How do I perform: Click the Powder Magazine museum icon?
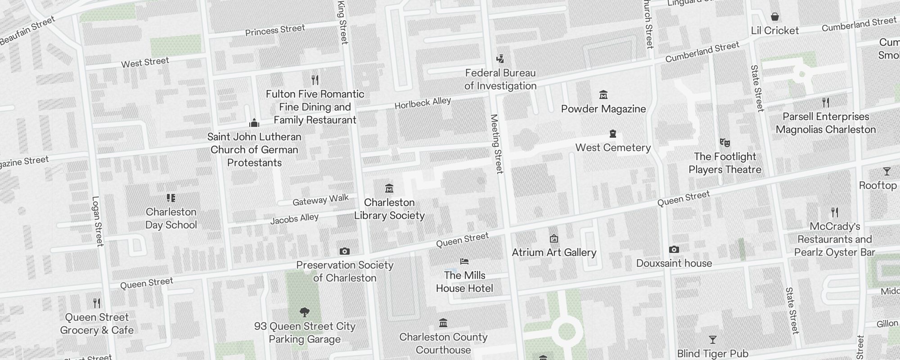(x=603, y=95)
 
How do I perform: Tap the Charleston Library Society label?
(x=389, y=209)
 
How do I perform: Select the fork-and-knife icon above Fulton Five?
(x=315, y=80)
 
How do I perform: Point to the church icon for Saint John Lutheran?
(x=254, y=123)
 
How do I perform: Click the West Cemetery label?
(x=613, y=148)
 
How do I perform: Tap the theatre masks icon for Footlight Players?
(x=724, y=143)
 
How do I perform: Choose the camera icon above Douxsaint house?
(x=674, y=249)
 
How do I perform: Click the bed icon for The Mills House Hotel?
(x=464, y=261)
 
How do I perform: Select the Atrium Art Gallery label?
(x=554, y=252)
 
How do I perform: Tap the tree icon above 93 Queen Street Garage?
(x=305, y=312)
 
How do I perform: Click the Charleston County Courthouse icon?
(x=443, y=323)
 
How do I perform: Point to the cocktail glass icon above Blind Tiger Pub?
(x=712, y=339)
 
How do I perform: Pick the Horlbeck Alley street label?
(x=423, y=103)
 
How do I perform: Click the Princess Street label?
(x=275, y=30)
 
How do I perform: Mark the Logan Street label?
(x=97, y=221)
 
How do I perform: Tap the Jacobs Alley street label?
(x=294, y=219)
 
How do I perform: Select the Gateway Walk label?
(x=320, y=200)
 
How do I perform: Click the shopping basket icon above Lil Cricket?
(x=775, y=17)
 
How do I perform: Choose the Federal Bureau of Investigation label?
(x=500, y=79)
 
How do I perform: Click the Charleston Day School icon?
(x=171, y=198)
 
